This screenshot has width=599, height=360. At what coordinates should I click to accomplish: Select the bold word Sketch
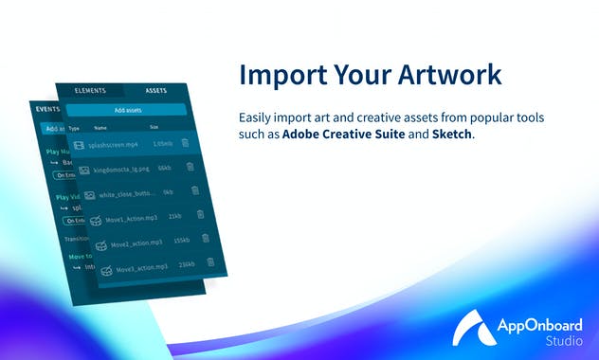(x=452, y=135)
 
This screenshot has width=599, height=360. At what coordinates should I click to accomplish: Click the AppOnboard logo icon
(x=471, y=327)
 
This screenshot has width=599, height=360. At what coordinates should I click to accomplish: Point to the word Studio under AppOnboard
(x=564, y=339)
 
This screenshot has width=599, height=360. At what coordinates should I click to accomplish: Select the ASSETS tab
(x=155, y=92)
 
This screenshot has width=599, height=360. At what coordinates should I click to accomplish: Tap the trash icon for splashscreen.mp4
(x=185, y=143)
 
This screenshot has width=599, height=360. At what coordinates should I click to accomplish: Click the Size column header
(x=154, y=126)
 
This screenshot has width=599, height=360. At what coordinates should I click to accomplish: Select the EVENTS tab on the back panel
(x=47, y=110)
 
